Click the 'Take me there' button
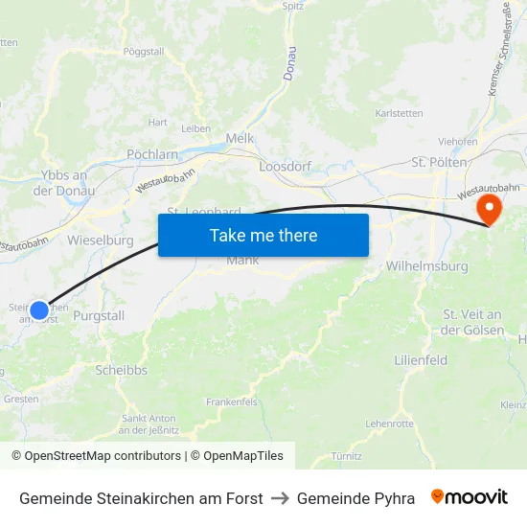[263, 235]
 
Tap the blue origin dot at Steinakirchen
[39, 309]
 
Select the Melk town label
[240, 138]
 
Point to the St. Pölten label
[439, 162]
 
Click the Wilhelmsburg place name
[425, 265]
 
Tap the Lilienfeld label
[421, 360]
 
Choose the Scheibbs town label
[121, 370]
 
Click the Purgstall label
[100, 315]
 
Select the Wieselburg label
[101, 241]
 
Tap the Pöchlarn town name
[152, 153]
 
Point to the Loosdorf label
[286, 166]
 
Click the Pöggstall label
[144, 51]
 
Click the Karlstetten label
[399, 112]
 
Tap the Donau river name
[290, 62]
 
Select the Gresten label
[21, 399]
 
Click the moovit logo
[470, 497]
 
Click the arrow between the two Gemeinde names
[280, 498]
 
